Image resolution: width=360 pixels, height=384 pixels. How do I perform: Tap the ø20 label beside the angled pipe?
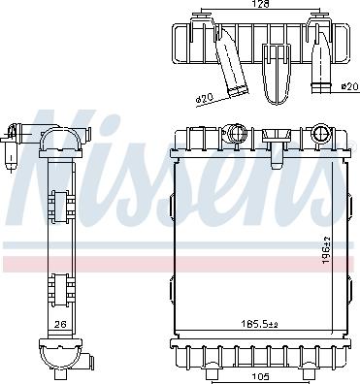pos(203,99)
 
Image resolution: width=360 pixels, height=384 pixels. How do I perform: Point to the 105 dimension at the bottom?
pos(260,376)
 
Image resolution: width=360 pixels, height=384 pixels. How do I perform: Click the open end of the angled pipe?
pos(237,92)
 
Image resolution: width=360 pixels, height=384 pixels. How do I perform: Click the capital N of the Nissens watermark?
pos(58,155)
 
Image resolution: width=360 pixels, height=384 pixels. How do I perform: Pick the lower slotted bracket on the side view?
pos(60,290)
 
